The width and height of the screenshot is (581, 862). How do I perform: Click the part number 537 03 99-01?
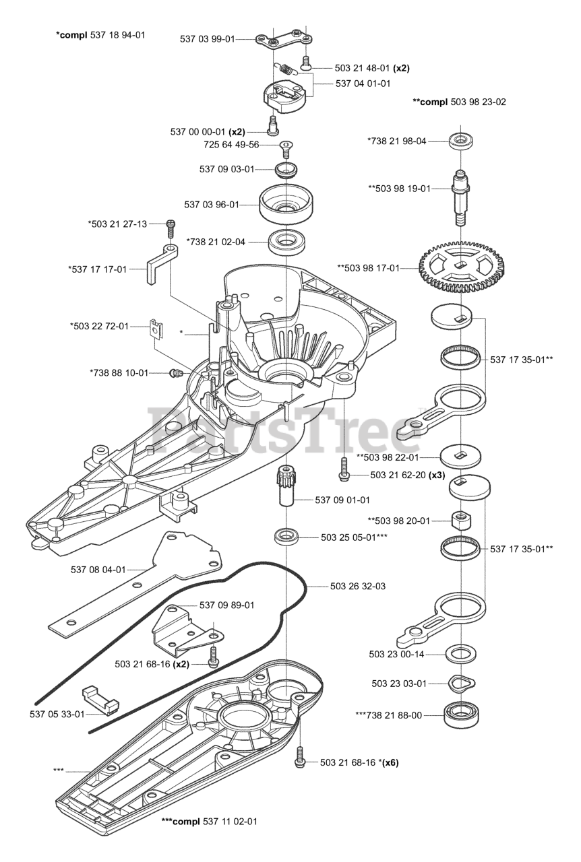(x=208, y=39)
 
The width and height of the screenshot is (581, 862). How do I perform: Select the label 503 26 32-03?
(x=358, y=586)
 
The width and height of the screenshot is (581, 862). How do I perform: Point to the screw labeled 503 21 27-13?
(x=171, y=225)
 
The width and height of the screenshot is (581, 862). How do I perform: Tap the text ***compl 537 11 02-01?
(x=209, y=822)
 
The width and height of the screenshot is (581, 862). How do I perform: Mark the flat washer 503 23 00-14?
(x=461, y=654)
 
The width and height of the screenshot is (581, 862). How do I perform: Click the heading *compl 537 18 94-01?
(x=100, y=34)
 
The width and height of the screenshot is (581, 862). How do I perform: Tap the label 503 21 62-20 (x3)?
(x=398, y=475)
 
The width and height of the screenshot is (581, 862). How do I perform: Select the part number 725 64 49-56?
(x=231, y=145)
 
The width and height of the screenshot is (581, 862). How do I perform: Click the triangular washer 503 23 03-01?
(x=461, y=683)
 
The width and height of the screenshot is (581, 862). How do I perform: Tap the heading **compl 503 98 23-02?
(x=459, y=102)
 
